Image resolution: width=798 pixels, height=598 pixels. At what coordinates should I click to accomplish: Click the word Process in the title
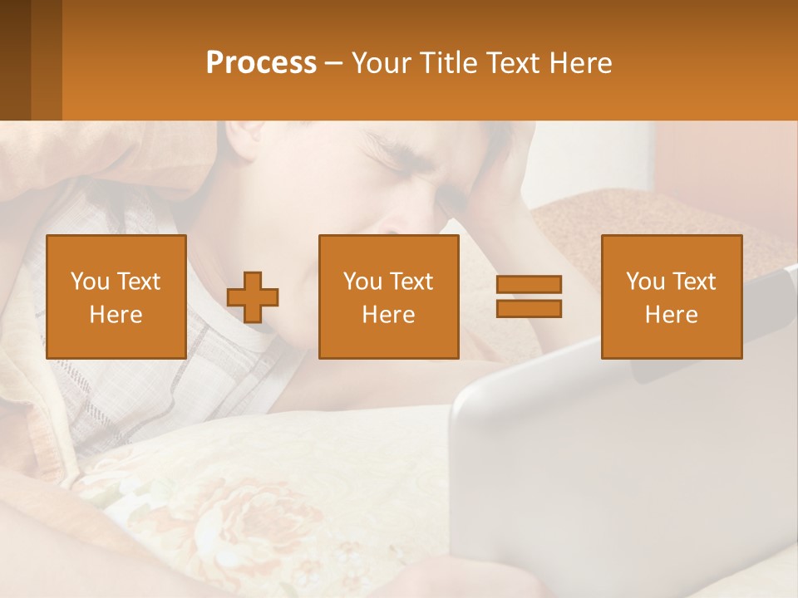(x=261, y=63)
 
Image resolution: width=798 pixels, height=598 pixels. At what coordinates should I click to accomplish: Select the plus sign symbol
(x=253, y=297)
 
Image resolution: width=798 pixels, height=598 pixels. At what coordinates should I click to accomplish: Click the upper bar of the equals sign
(x=529, y=284)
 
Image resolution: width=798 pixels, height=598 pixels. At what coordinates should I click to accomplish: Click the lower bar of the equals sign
(x=529, y=309)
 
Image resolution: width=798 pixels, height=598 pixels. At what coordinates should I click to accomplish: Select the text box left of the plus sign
(x=116, y=297)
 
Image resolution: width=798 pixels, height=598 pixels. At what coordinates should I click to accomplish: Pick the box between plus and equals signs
(x=388, y=297)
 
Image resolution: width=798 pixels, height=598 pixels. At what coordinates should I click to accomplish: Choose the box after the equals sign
(x=671, y=297)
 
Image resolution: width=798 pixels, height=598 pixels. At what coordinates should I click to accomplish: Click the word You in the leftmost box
(x=89, y=281)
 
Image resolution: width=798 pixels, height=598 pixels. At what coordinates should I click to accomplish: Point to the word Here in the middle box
(x=388, y=315)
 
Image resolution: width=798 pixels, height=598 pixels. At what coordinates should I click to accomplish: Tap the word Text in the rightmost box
(x=695, y=281)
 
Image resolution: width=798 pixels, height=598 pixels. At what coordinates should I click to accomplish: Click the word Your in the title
(x=380, y=63)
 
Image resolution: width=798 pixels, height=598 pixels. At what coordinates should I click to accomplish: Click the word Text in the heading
(x=513, y=63)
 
